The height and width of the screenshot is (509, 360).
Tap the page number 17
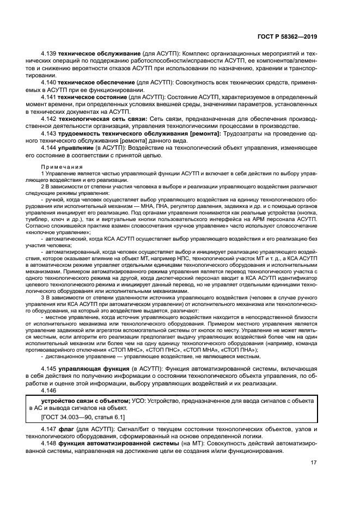pyautogui.click(x=314, y=463)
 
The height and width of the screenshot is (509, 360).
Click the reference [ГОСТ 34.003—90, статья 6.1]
pyautogui.click(x=83, y=417)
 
